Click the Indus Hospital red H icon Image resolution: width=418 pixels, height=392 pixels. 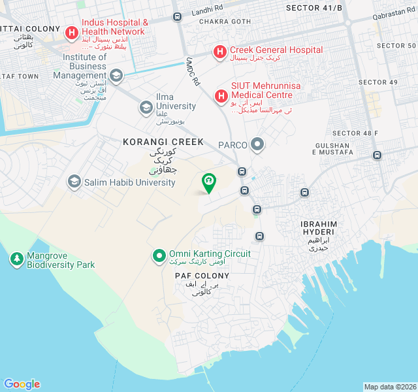click(x=71, y=31)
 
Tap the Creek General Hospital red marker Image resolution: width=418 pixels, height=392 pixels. click(x=220, y=51)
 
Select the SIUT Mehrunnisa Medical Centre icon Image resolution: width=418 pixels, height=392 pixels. click(x=221, y=96)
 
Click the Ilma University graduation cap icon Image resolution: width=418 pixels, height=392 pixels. click(x=146, y=107)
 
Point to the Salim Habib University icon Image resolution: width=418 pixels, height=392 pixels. click(x=74, y=182)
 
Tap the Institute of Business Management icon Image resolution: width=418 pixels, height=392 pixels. click(x=116, y=75)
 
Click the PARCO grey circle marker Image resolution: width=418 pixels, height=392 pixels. click(x=258, y=144)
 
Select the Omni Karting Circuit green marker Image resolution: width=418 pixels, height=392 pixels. click(x=159, y=255)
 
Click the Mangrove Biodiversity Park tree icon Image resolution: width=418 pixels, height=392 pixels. click(x=16, y=259)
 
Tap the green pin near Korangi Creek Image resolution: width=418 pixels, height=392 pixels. click(x=208, y=182)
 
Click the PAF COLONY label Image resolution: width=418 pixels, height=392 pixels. click(x=202, y=276)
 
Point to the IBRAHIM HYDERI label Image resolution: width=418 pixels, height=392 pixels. click(x=318, y=228)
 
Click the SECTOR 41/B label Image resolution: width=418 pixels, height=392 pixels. click(x=314, y=7)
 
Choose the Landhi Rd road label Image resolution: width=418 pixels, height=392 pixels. click(x=207, y=12)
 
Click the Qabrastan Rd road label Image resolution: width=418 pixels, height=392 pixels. click(x=394, y=16)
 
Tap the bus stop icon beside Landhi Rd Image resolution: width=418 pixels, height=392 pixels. click(x=177, y=17)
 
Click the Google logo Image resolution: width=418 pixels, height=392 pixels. click(x=22, y=384)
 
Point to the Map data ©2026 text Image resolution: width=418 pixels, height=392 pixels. click(x=390, y=387)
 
